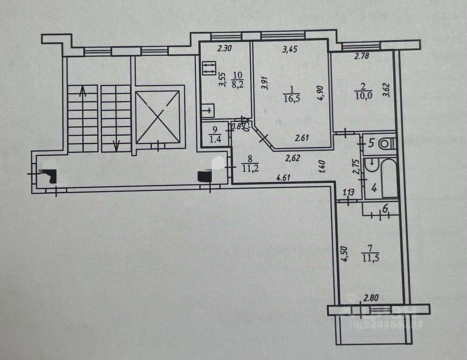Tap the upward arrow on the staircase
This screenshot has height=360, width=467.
pos(83,92)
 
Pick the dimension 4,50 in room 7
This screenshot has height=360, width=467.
pos(345,254)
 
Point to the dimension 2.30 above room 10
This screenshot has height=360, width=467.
pos(225,49)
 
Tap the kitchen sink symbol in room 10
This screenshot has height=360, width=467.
pos(208,110)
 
